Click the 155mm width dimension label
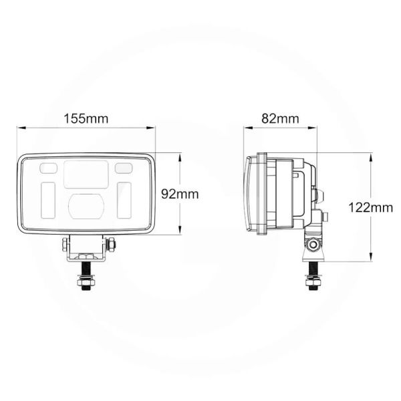pyautogui.click(x=86, y=119)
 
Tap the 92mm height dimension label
pyautogui.click(x=181, y=194)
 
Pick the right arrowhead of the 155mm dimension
pyautogui.click(x=155, y=128)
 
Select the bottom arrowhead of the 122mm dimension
pyautogui.click(x=370, y=261)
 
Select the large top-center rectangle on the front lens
pyautogui.click(x=87, y=174)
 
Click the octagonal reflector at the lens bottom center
pyautogui.click(x=87, y=206)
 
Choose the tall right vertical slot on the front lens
pyautogui.click(x=124, y=198)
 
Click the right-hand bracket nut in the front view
pyautogui.click(x=112, y=243)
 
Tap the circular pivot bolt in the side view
pyautogui.click(x=312, y=244)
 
